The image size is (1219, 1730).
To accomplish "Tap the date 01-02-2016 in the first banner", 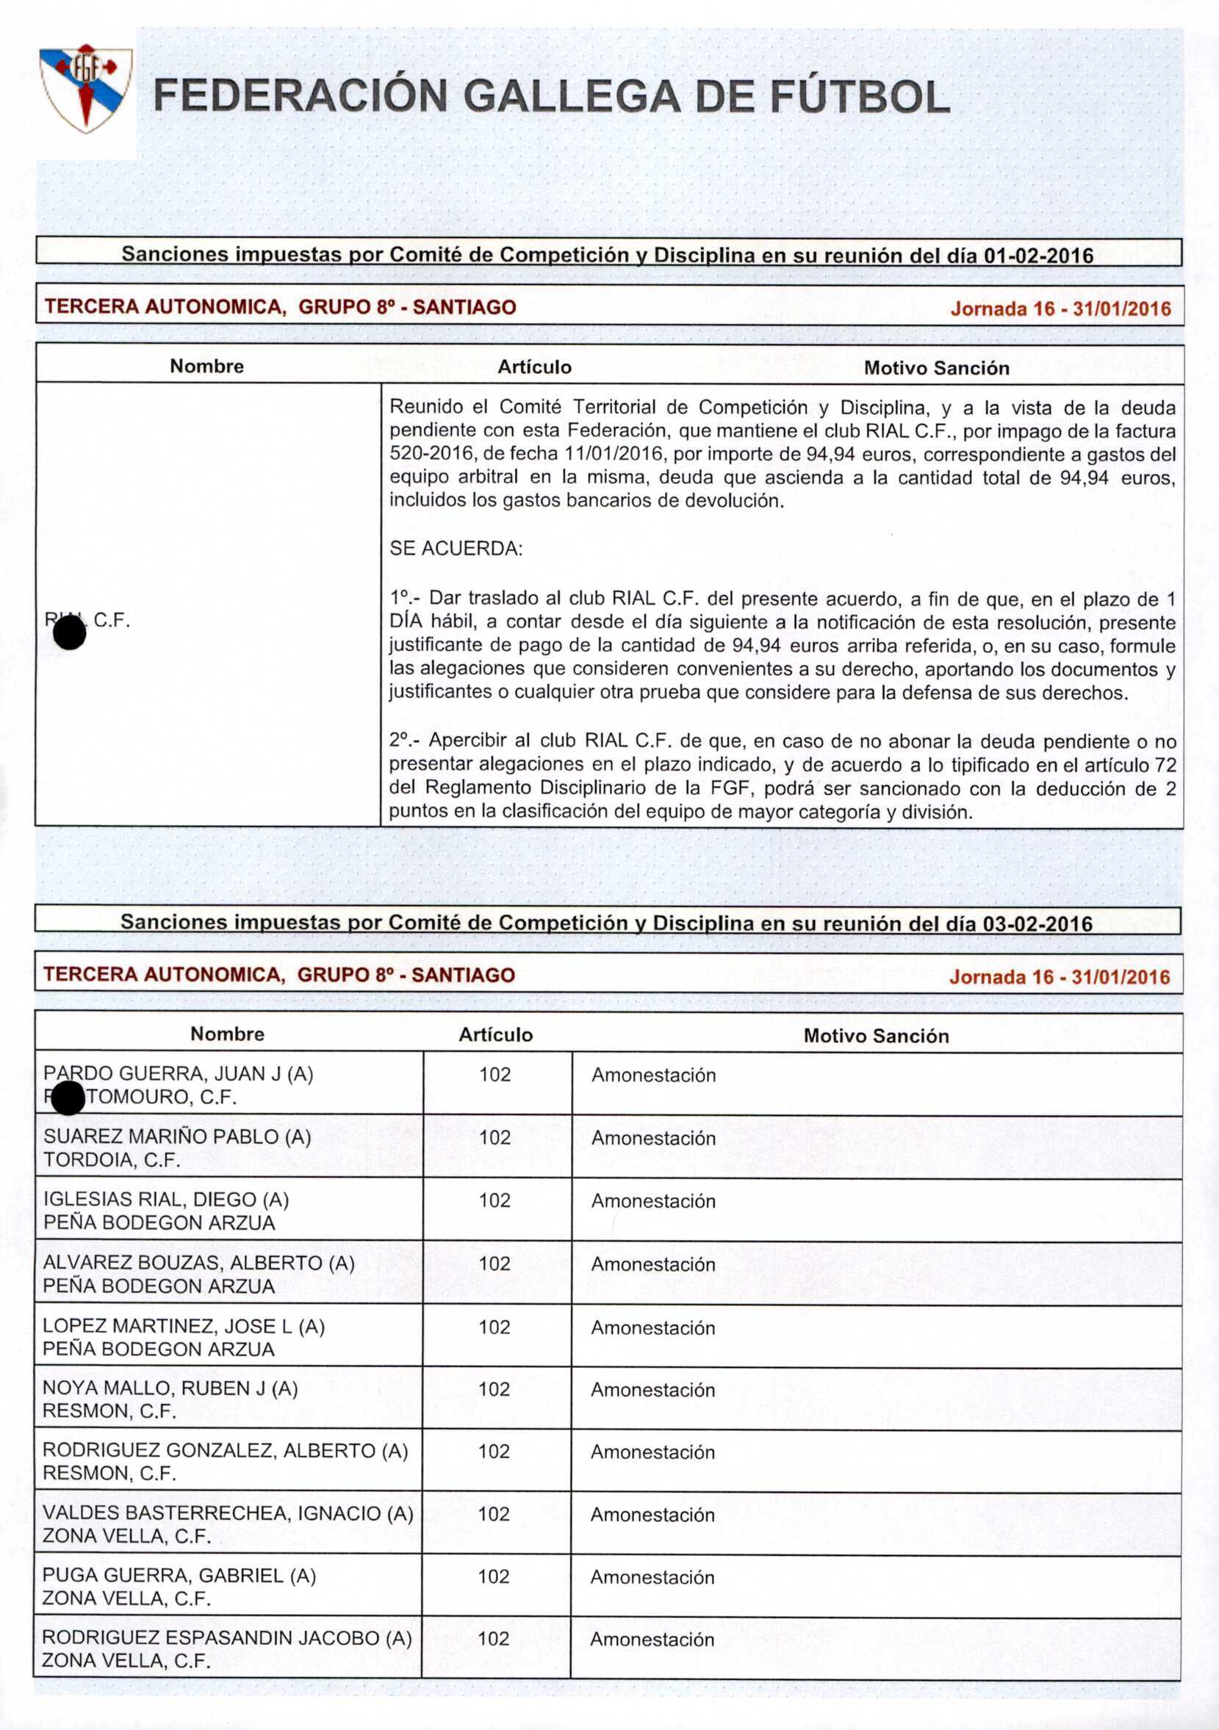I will point(1038,256).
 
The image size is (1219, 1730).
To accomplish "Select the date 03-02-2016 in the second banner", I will point(1038,924).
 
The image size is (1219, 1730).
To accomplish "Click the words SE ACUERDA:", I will point(456,549).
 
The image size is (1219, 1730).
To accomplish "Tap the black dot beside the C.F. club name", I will point(70,634).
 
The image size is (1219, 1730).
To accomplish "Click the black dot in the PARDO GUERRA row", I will point(68,1098).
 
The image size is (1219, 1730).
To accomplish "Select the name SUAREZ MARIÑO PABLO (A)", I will point(177,1137).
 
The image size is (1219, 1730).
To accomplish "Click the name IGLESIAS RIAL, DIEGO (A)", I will point(166,1200).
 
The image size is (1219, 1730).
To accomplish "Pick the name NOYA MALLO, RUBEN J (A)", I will point(170,1388).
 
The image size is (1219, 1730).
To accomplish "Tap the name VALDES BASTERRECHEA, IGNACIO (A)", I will point(228,1513).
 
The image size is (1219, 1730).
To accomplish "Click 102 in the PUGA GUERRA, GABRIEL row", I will point(494,1576).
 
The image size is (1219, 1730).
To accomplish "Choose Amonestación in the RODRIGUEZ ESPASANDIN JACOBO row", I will point(652,1640).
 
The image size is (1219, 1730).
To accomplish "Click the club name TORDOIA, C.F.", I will point(112,1161).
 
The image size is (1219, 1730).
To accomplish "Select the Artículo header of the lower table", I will point(495,1034).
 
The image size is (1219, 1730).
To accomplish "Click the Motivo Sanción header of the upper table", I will point(936,368).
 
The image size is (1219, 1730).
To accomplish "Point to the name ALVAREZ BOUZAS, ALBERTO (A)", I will point(198,1263).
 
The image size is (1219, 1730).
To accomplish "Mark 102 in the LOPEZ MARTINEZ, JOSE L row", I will point(494,1327).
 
